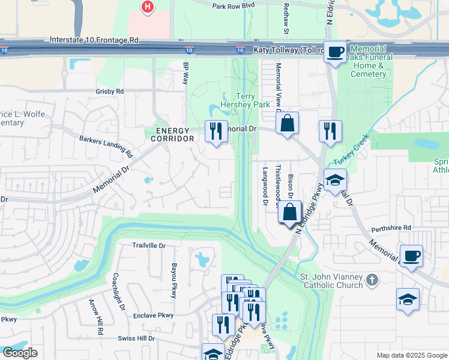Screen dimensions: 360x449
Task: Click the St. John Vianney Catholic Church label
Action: (331, 281)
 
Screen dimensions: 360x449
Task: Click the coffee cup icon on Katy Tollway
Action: (335, 52)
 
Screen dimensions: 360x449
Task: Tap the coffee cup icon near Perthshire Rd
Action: (411, 256)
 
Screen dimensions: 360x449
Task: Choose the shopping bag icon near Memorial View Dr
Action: (288, 123)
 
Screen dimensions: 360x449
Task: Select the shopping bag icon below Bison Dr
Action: (290, 212)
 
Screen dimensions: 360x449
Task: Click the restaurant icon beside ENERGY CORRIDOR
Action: (216, 131)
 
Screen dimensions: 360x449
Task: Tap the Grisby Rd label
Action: (109, 91)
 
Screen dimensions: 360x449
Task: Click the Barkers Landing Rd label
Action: (106, 146)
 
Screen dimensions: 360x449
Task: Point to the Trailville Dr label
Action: (148, 245)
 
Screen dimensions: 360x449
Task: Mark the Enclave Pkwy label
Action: (153, 315)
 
